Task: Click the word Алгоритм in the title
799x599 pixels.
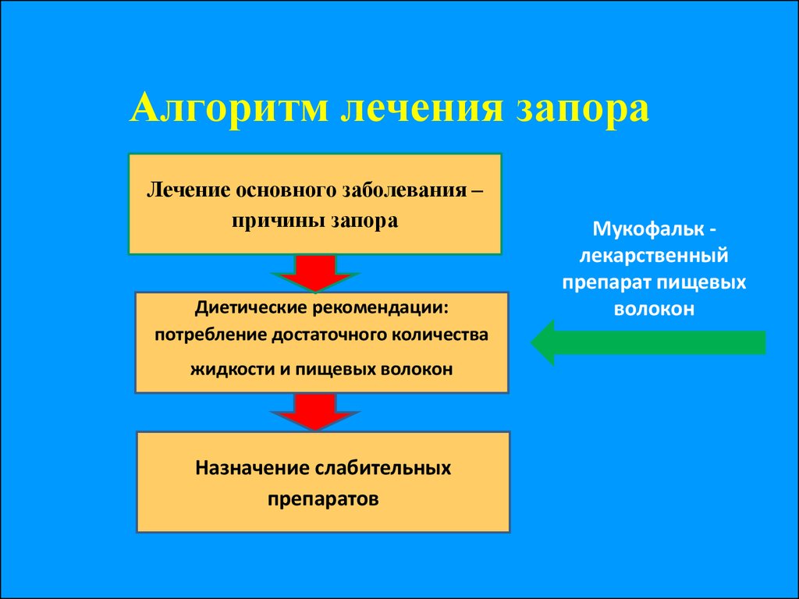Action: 229,108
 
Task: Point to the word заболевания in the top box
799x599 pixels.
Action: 405,191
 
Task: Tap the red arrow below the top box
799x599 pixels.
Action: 315,274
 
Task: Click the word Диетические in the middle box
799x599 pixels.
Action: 250,308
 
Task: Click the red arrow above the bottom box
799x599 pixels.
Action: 315,413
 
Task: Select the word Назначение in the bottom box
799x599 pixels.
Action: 251,468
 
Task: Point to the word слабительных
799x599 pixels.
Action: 382,468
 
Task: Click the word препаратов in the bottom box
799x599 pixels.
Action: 323,499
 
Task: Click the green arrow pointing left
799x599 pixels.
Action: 648,343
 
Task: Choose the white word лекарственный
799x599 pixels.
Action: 654,256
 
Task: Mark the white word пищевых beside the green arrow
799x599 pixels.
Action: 701,282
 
